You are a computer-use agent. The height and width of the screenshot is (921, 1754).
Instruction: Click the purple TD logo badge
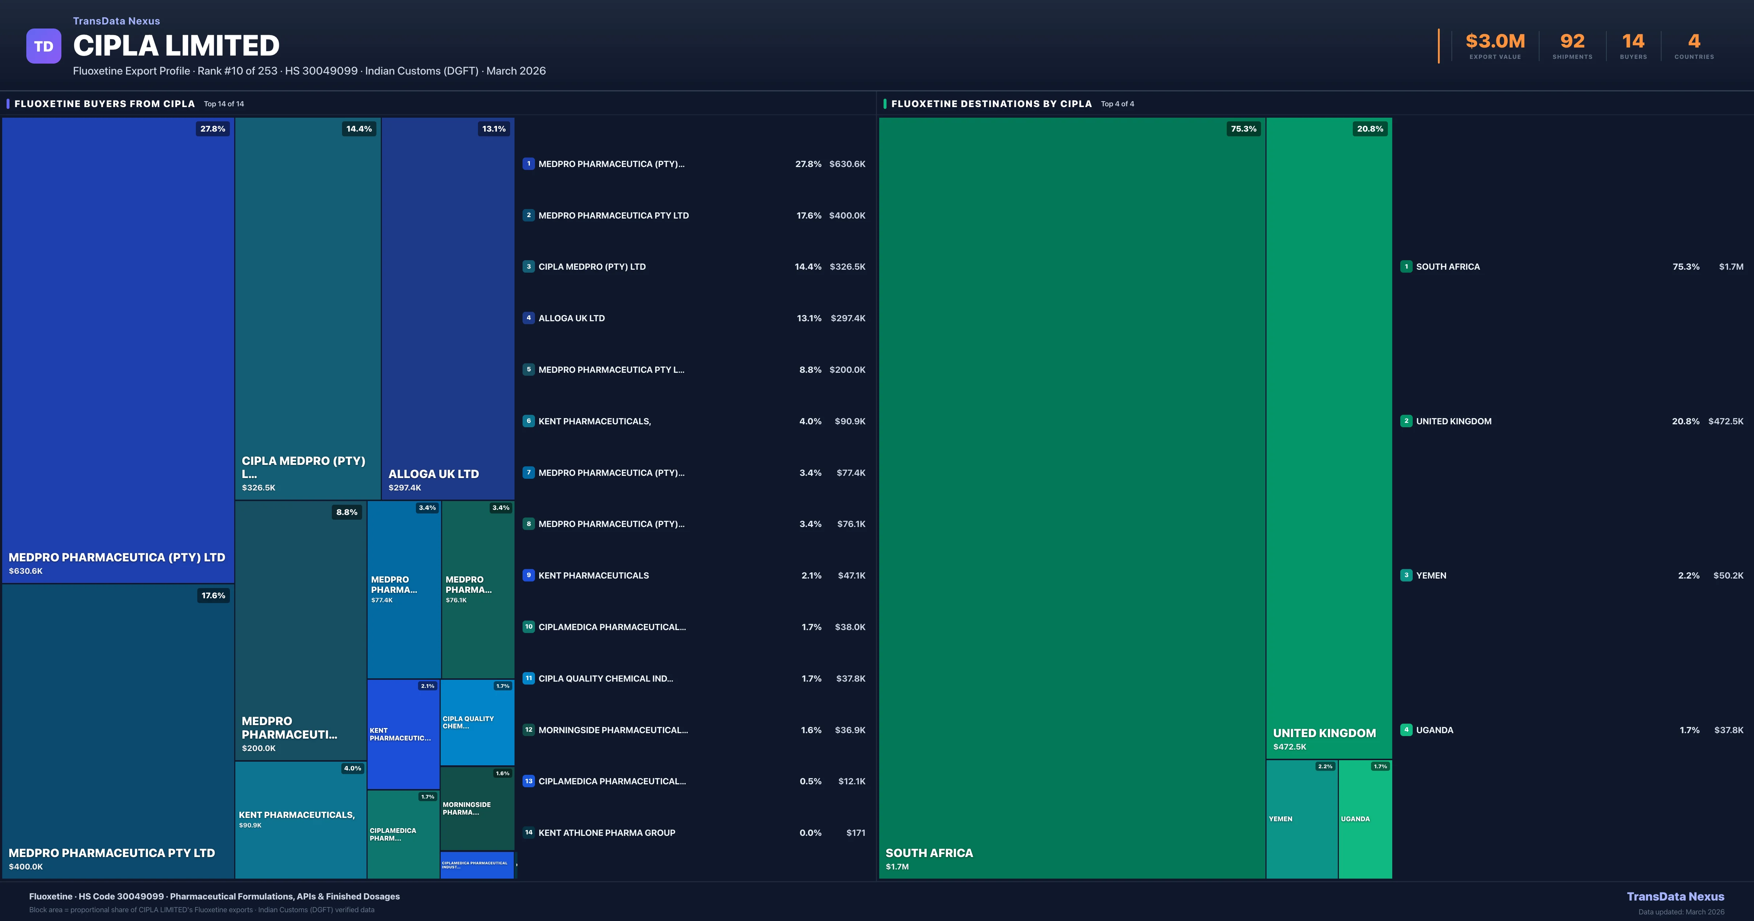tap(43, 46)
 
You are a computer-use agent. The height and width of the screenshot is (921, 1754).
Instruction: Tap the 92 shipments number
tap(1572, 42)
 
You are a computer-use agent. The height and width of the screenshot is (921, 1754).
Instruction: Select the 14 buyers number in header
tap(1633, 42)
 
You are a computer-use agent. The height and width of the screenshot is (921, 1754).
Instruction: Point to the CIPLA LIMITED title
tap(176, 46)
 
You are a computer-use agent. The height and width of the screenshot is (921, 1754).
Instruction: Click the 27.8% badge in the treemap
tap(212, 129)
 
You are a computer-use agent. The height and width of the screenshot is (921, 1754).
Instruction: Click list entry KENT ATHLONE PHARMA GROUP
tap(607, 833)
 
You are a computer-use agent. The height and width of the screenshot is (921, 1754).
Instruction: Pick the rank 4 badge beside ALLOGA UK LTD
tap(528, 318)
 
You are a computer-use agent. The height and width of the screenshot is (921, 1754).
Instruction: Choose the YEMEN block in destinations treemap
tap(1301, 819)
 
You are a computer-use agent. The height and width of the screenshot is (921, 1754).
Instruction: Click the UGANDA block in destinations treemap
tap(1364, 819)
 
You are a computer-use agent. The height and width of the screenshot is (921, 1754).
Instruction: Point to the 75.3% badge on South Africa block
tap(1243, 129)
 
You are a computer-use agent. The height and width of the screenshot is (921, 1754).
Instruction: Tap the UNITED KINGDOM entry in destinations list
tap(1454, 421)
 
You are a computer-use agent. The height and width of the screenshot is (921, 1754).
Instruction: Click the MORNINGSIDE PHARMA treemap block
tap(477, 808)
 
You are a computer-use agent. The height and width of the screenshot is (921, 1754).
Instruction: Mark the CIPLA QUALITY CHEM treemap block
tap(477, 722)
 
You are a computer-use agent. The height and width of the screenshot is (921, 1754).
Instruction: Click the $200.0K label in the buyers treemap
tap(259, 748)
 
